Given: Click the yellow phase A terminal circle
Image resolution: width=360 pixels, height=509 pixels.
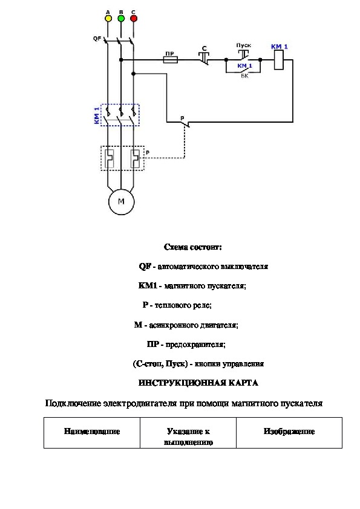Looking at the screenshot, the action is click(x=108, y=18).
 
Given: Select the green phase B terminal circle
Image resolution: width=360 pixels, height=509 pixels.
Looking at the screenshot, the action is click(x=121, y=18).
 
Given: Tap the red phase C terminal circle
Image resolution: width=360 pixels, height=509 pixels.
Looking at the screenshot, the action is click(x=134, y=18).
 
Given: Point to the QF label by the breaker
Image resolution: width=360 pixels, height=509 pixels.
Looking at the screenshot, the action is click(x=97, y=39).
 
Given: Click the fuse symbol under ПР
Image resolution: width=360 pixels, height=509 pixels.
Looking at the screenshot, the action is click(x=170, y=60).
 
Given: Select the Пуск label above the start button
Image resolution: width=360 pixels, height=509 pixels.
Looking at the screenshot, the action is click(x=243, y=45).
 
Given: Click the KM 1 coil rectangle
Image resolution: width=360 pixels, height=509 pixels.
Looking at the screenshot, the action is click(x=279, y=60).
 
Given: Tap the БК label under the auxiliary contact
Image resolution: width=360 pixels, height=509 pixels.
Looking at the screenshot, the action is click(x=244, y=76).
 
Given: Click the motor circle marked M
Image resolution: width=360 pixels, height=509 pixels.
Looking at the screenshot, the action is click(x=121, y=201).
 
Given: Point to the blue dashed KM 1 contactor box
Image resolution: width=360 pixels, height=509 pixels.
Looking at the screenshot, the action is click(x=120, y=115).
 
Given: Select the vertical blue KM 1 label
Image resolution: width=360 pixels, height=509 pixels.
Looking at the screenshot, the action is click(x=96, y=115).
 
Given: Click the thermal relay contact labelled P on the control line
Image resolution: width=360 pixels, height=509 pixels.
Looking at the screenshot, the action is click(x=185, y=123).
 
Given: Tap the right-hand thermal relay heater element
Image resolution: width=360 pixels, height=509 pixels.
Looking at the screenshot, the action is click(x=135, y=158).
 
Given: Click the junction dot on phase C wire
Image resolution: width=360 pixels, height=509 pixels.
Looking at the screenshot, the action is click(x=133, y=74).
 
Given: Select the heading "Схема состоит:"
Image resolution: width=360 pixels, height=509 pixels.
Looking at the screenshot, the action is click(x=193, y=247).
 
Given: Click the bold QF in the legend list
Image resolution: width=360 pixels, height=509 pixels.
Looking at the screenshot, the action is click(x=145, y=267).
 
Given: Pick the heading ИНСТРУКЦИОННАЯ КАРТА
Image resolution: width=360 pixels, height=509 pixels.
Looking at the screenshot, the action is click(x=198, y=383).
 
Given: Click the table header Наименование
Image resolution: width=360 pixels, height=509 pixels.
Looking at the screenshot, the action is click(x=92, y=432).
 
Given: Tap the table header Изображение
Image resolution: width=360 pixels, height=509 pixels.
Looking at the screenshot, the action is click(x=289, y=432).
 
